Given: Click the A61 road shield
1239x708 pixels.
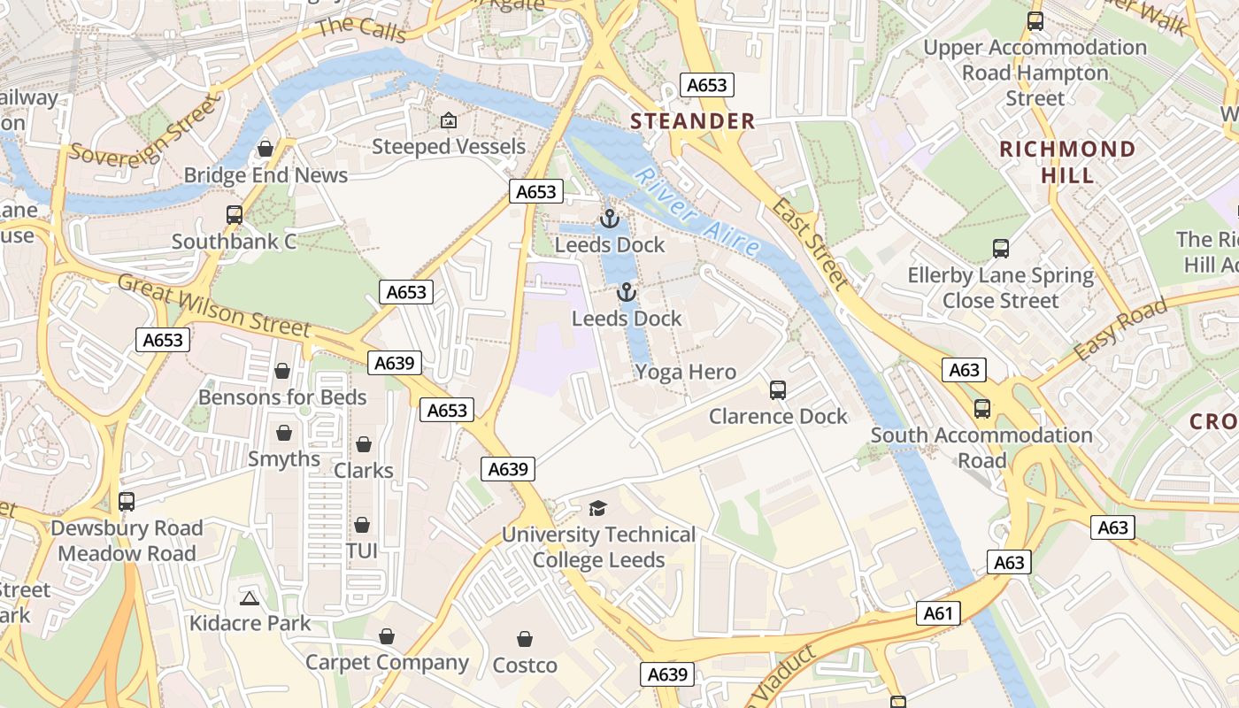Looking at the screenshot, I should coord(938,613).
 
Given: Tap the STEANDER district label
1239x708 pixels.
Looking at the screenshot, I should coord(693,121).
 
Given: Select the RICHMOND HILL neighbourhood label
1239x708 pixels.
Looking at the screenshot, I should coord(1067,162).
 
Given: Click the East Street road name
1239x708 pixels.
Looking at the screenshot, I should coord(810,244).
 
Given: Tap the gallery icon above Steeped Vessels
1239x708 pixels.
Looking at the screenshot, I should coord(449,120).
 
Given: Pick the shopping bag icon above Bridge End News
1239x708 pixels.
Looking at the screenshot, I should coord(265,149).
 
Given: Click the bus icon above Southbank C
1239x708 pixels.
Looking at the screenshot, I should coord(235,215).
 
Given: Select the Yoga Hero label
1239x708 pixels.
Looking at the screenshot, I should coord(686,373).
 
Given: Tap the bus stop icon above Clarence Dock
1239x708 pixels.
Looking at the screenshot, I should coord(778,389).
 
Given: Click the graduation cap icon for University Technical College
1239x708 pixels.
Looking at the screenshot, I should coord(598,508).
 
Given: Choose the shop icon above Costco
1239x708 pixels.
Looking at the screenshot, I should coord(525,639).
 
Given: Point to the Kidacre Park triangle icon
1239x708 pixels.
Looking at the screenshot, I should coord(250,598).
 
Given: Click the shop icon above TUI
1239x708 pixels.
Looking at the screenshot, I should coord(362,525).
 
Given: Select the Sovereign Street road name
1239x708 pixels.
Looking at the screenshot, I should coord(142,130).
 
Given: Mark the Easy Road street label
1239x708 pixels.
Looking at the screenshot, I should coord(1120,330).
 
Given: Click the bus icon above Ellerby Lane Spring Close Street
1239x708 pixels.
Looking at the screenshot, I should coord(1001,249).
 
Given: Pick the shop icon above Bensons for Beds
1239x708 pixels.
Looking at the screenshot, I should coord(282,371).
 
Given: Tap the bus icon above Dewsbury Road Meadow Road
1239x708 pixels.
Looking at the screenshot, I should coord(127,502).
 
